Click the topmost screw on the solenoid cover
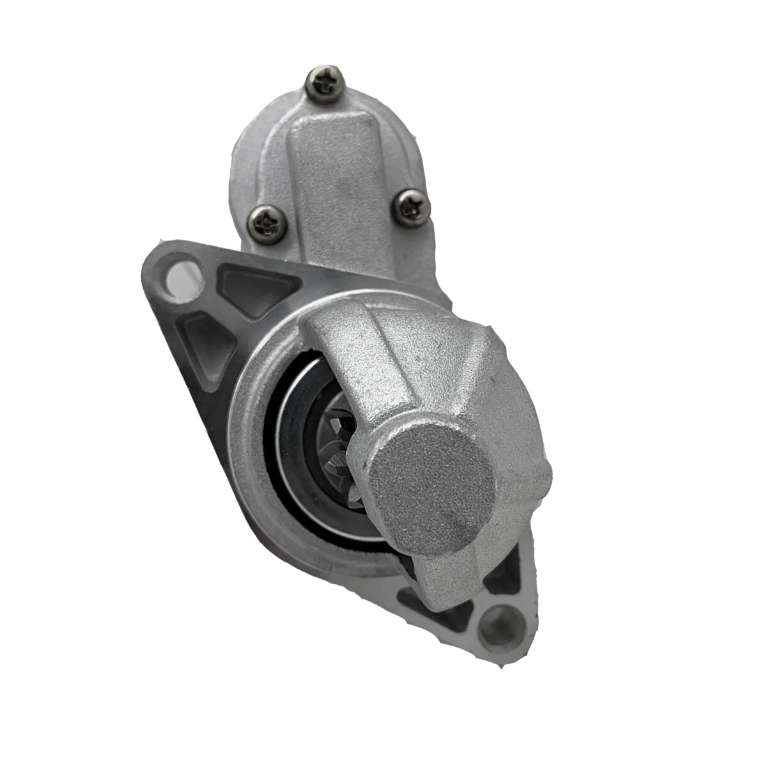click(x=326, y=82)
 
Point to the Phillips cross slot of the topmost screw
click(x=326, y=82)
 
